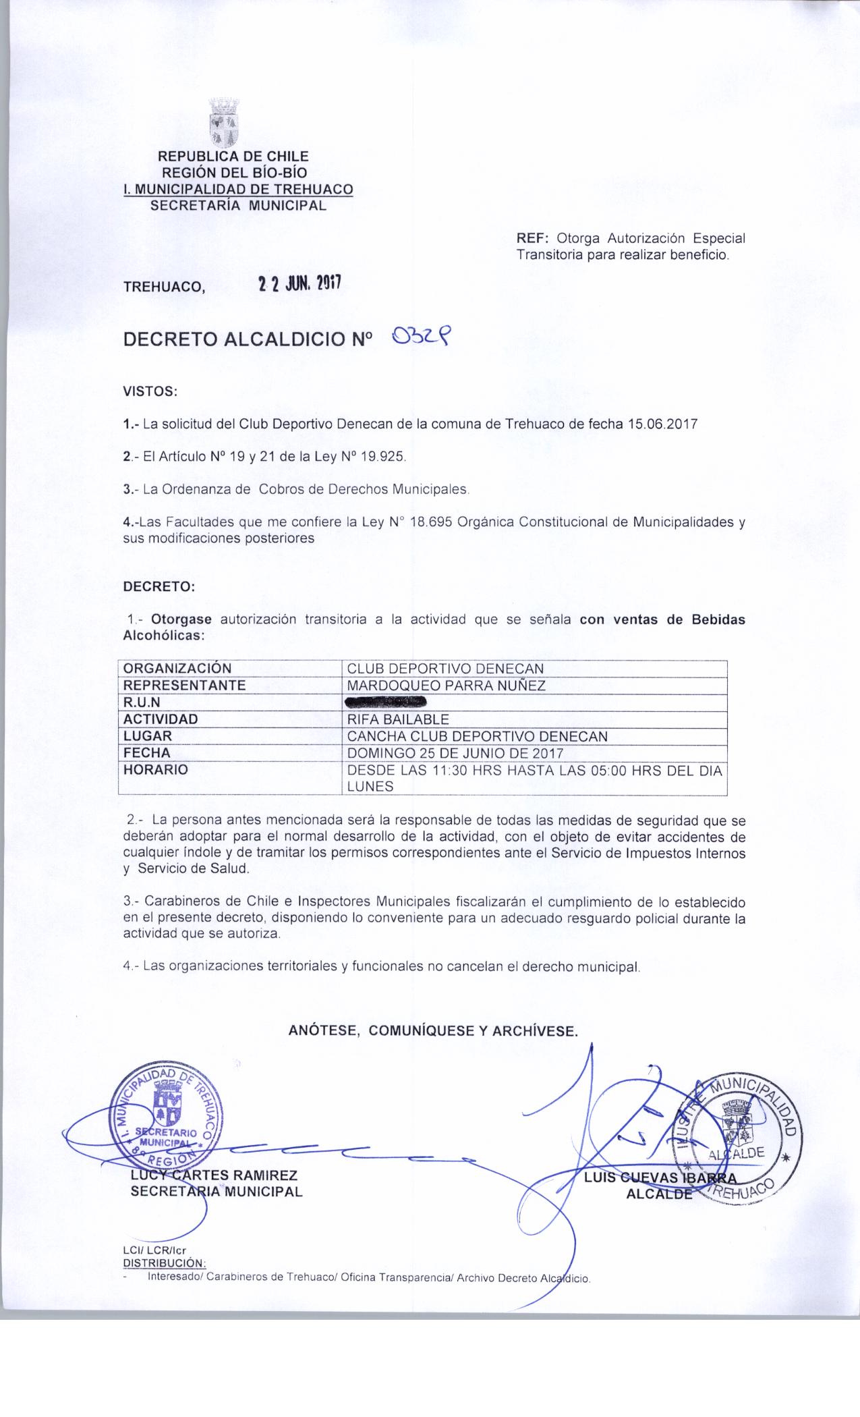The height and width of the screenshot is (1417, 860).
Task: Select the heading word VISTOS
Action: (149, 391)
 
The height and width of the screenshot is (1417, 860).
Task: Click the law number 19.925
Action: (384, 457)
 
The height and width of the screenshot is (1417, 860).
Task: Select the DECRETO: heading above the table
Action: (159, 586)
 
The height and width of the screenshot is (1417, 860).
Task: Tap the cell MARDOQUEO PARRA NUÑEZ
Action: (445, 686)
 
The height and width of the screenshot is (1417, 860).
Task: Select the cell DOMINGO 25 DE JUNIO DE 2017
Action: (455, 753)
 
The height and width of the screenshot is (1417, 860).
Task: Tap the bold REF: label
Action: (534, 238)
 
